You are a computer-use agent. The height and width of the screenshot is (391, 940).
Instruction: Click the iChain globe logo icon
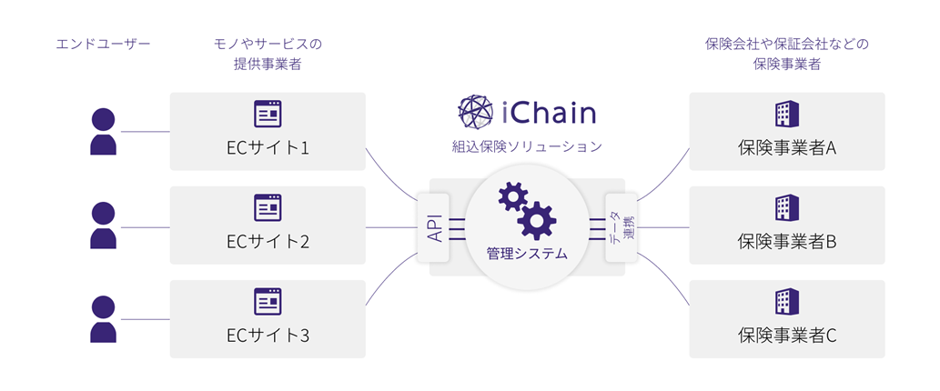pyautogui.click(x=476, y=113)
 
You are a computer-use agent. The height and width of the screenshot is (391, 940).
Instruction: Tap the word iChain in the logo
pyautogui.click(x=550, y=113)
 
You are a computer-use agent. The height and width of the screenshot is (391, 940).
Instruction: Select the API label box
pyautogui.click(x=434, y=226)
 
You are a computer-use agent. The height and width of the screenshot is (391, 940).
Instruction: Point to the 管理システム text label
pyautogui.click(x=527, y=254)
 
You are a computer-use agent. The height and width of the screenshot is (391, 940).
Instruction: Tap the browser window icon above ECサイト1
pyautogui.click(x=268, y=114)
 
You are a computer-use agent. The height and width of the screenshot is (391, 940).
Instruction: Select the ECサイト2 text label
pyautogui.click(x=268, y=241)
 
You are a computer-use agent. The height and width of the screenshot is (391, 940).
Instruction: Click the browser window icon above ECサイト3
pyautogui.click(x=268, y=301)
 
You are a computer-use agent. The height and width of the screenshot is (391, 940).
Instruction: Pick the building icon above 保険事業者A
pyautogui.click(x=786, y=114)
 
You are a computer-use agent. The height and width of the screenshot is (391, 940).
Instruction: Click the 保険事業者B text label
pyautogui.click(x=786, y=241)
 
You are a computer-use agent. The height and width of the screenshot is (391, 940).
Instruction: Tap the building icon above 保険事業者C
pyautogui.click(x=786, y=301)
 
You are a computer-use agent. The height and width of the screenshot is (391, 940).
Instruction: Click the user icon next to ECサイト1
pyautogui.click(x=104, y=131)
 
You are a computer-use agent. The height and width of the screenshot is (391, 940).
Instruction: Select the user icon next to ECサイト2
pyautogui.click(x=104, y=226)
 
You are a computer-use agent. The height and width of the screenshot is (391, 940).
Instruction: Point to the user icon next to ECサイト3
pyautogui.click(x=104, y=318)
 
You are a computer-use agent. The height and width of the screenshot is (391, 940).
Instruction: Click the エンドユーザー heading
pyautogui.click(x=101, y=44)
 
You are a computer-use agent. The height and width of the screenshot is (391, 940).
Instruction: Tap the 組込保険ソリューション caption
pyautogui.click(x=527, y=145)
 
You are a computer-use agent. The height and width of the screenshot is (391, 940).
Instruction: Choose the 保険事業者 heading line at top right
pyautogui.click(x=786, y=65)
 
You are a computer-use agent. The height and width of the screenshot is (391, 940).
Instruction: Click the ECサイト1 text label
pyautogui.click(x=268, y=147)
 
